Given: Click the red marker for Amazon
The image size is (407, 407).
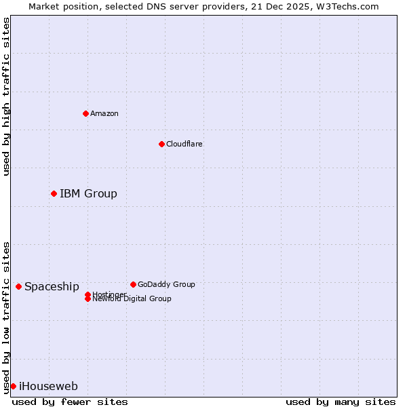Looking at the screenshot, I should tap(85, 113).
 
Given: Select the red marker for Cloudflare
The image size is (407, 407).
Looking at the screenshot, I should tap(161, 144).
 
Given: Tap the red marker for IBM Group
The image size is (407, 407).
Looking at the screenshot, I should tap(54, 193).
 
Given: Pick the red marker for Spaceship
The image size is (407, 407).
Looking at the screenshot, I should tap(18, 286).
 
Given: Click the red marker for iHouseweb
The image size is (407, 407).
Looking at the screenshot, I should tap(13, 386).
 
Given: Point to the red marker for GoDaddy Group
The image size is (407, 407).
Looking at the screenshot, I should tap(133, 284).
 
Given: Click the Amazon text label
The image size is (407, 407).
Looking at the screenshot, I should tap(104, 113).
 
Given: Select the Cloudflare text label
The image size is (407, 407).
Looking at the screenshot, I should tap(184, 144).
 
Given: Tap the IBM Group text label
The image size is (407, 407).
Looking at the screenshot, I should tap(88, 194).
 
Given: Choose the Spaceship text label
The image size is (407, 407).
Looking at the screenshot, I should tap(52, 287).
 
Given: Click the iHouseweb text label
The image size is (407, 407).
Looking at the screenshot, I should tap(48, 387).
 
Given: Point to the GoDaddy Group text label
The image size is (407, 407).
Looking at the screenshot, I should tap(166, 284).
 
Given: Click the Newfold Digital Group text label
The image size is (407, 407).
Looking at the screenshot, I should tap(132, 299).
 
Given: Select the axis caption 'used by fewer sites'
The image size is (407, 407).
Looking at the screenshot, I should tap(70, 402).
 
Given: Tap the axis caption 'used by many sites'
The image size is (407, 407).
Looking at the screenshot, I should tap(341, 402).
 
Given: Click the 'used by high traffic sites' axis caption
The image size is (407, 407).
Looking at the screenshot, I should tap(7, 96).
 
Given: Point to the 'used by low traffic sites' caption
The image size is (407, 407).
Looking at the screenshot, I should tap(7, 317).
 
